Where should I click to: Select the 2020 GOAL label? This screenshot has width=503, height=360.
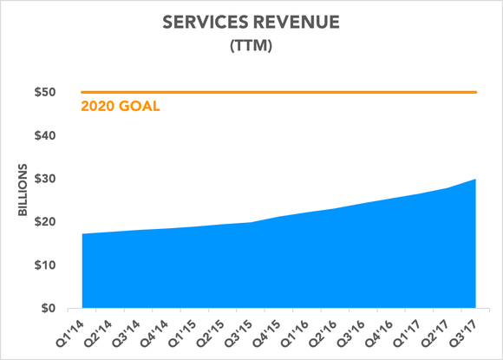click(121, 108)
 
